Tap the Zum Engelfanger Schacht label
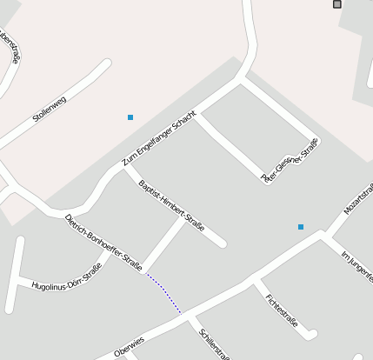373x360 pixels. pos(159,139)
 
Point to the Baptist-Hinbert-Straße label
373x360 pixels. pos(171,205)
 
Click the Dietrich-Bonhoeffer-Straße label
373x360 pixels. pos(103,243)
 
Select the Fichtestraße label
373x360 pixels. pos(282,310)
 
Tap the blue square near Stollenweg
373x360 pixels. pos(130,117)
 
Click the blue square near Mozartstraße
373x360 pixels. pos(301,227)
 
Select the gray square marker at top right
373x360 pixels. pos(337,4)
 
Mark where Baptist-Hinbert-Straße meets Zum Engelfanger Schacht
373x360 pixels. pos(124,171)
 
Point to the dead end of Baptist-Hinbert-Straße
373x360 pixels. pos(223,243)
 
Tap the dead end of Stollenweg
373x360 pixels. pos(108,63)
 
